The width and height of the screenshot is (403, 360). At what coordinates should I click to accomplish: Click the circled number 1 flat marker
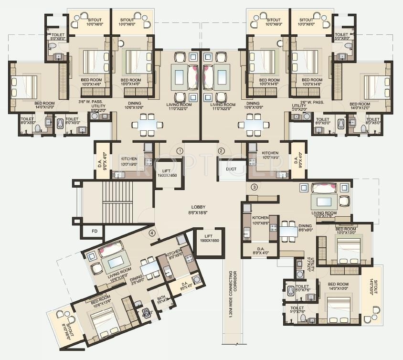click(x=180, y=151)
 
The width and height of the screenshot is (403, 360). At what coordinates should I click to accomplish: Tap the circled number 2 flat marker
click(x=221, y=151)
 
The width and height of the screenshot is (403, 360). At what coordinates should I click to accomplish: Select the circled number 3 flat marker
click(x=255, y=187)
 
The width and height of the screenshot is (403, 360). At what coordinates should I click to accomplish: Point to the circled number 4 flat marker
click(x=152, y=233)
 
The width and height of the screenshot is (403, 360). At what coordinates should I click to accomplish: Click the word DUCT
click(x=231, y=169)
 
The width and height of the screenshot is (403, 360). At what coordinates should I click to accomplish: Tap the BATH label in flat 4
click(x=161, y=299)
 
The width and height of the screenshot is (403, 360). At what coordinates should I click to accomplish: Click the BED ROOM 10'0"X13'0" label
click(x=345, y=231)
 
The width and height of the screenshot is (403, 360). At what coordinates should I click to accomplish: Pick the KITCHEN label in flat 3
click(x=259, y=220)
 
